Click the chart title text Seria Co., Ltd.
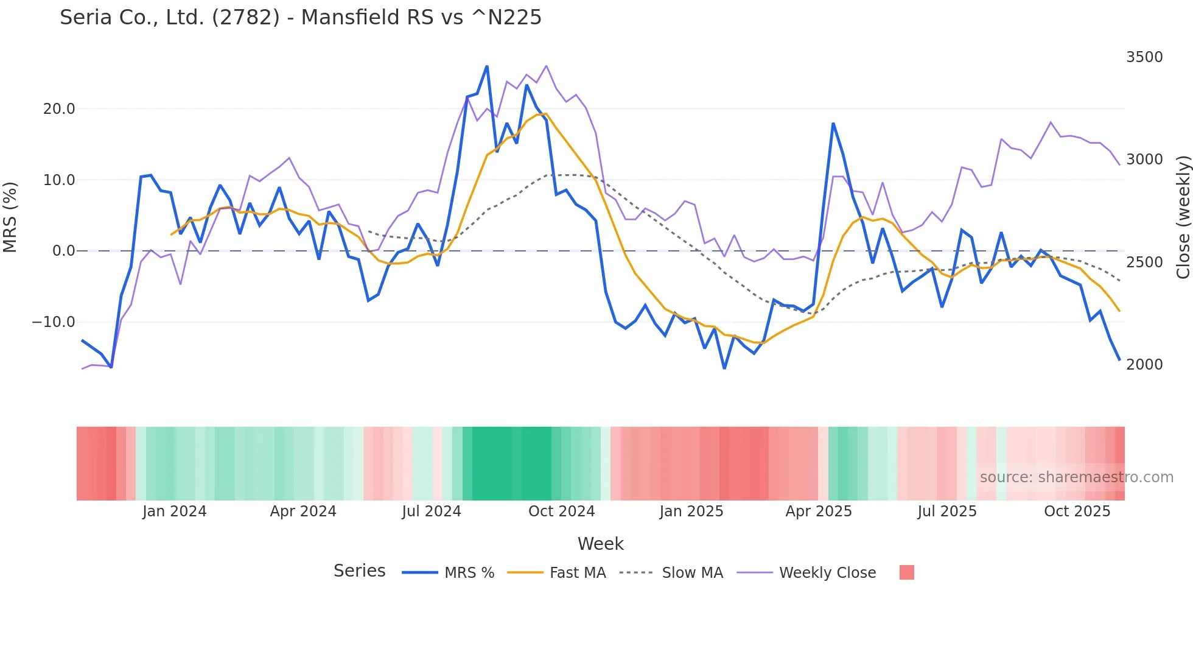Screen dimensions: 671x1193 tap(300, 17)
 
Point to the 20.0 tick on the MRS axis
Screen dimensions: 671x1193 tap(59, 109)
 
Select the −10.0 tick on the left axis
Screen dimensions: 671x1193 tap(54, 322)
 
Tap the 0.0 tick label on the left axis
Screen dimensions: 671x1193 tap(63, 251)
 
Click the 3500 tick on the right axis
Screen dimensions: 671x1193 tap(1144, 57)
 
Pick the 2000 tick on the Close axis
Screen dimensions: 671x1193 tap(1144, 365)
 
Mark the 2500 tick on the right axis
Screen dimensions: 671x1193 tap(1144, 262)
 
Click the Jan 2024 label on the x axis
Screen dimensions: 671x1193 tap(174, 511)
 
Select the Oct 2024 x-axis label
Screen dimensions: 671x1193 tap(561, 511)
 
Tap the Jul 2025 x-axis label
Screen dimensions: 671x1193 tap(946, 511)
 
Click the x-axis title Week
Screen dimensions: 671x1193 tap(600, 544)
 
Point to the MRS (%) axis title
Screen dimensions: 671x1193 tap(10, 217)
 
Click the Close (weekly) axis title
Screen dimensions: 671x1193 tap(1183, 217)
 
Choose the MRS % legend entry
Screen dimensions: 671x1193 tap(469, 573)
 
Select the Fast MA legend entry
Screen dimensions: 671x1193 tap(577, 573)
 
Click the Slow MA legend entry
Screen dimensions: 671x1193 tap(691, 573)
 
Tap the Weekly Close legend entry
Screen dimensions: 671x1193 tap(827, 573)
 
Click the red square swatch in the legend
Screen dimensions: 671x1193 tap(906, 572)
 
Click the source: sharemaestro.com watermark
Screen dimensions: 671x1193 tap(1076, 477)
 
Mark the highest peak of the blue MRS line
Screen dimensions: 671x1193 tap(487, 66)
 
